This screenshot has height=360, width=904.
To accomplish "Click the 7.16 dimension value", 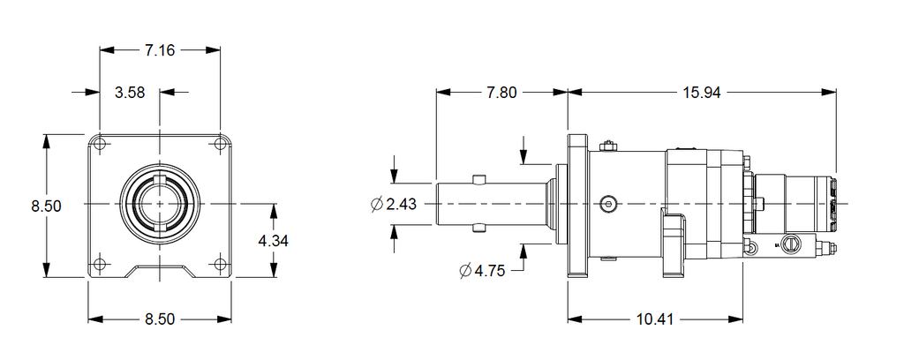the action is [160, 50].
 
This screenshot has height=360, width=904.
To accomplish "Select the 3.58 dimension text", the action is [130, 92].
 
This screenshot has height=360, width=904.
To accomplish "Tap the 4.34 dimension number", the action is [274, 241].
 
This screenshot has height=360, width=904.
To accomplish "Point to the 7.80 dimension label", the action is [501, 93].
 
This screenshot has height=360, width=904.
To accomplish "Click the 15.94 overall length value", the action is [702, 93].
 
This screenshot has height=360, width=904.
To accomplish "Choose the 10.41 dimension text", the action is [656, 319].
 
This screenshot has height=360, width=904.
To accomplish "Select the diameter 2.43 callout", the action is [395, 205].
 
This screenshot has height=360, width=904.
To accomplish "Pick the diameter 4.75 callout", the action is [483, 271].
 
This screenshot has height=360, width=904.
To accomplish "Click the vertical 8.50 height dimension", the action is [47, 206].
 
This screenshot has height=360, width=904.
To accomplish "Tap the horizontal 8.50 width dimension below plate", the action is [160, 319].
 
